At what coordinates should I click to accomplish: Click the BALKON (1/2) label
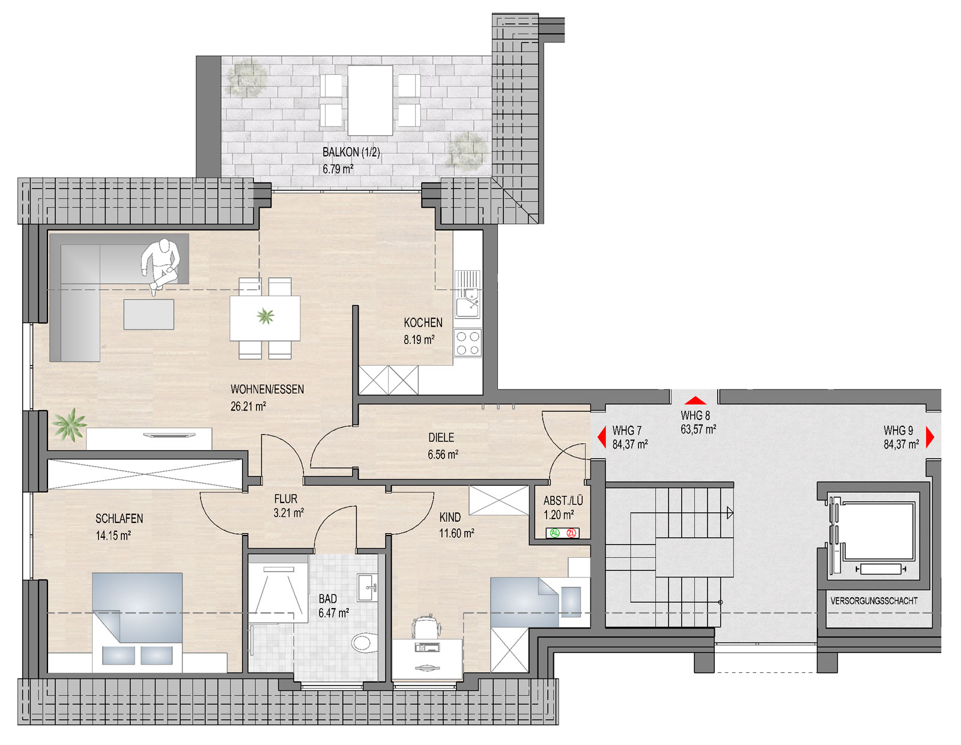[x=351, y=152]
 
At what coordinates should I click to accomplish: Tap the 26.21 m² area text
[x=248, y=406]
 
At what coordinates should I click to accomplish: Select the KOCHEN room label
[x=423, y=322]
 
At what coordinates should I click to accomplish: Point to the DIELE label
[x=441, y=438]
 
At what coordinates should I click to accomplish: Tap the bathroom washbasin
[x=368, y=587]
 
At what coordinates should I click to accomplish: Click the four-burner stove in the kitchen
[x=468, y=343]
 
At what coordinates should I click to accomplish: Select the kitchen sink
[x=467, y=294]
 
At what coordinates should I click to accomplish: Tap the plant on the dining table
[x=265, y=316]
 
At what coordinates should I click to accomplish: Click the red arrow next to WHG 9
[x=930, y=437]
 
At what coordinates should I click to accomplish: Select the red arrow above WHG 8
[x=695, y=400]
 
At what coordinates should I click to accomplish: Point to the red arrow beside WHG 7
[x=601, y=438]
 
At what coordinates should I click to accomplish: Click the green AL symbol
[x=554, y=533]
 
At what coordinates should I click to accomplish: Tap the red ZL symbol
[x=571, y=533]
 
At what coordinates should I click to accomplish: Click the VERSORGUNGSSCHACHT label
[x=874, y=601]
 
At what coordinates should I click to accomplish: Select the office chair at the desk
[x=427, y=626]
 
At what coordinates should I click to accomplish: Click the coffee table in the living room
[x=148, y=314]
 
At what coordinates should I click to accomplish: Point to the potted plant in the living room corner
[x=70, y=424]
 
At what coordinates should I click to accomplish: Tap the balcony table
[x=370, y=100]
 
